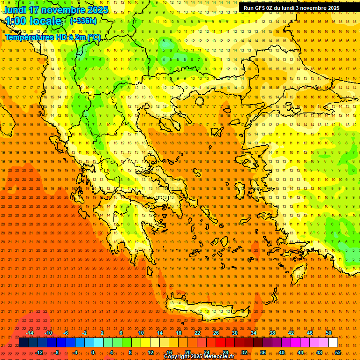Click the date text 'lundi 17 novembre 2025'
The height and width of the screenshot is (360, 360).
[x=56, y=10]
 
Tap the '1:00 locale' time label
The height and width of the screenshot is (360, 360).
[x=33, y=21]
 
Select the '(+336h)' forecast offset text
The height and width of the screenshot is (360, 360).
[x=83, y=21]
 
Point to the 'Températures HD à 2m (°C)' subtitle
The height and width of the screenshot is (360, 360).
[x=53, y=37]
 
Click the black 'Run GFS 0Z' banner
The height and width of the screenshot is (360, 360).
[x=292, y=8]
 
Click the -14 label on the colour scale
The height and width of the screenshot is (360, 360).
[x=30, y=333]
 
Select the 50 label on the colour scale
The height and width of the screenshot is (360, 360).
[x=329, y=333]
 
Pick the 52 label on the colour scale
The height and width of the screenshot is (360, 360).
[x=338, y=352]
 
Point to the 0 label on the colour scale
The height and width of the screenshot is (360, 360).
[x=92, y=352]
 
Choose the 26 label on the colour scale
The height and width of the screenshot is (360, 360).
[x=216, y=333]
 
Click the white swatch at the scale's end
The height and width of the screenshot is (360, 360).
[x=333, y=343]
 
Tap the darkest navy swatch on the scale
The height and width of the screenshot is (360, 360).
[x=23, y=343]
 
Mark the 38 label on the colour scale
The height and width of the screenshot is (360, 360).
[x=272, y=333]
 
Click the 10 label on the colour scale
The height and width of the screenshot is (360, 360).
[x=141, y=333]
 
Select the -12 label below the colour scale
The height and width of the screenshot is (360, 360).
[x=39, y=352]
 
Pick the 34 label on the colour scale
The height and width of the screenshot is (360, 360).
[x=254, y=333]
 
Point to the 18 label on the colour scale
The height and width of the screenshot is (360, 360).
[x=179, y=333]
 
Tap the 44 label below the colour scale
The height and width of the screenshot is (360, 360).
[x=300, y=352]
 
